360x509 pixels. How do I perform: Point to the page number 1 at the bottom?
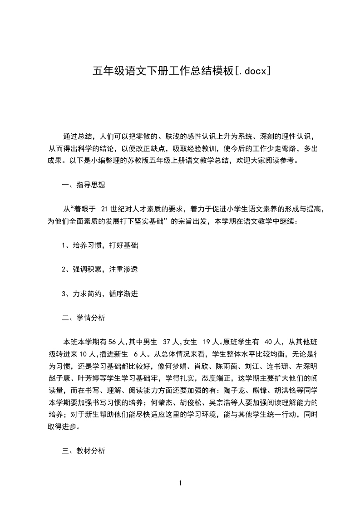coord(180,483)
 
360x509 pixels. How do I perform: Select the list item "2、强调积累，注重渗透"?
coord(100,269)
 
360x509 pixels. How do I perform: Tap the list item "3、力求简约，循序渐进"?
coord(100,294)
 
